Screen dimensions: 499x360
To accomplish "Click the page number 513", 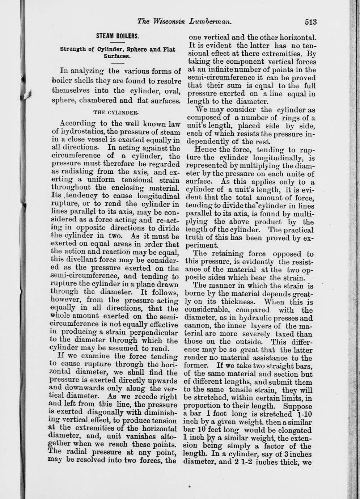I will click(310, 22).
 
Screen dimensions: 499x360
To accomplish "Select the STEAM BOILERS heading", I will click(118, 37).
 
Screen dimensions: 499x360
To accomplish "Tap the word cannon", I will click(195, 326).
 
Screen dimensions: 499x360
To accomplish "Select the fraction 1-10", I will click(304, 414).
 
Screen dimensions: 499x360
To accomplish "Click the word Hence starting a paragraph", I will click(204, 150).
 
